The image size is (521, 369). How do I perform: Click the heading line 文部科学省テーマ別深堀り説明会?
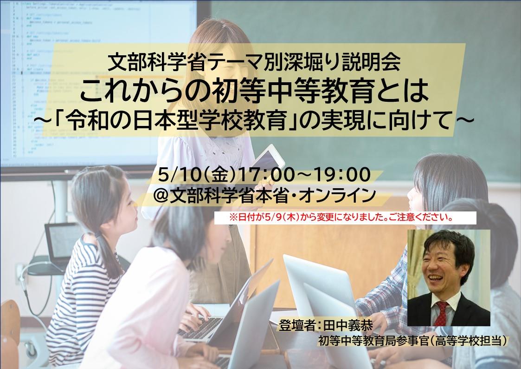point(254,62)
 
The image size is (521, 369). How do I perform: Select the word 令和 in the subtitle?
point(87,120)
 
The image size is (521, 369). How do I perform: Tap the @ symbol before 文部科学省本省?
point(161,196)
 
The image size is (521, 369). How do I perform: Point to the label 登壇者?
point(297,325)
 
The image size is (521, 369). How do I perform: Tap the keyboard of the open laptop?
point(199,328)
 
